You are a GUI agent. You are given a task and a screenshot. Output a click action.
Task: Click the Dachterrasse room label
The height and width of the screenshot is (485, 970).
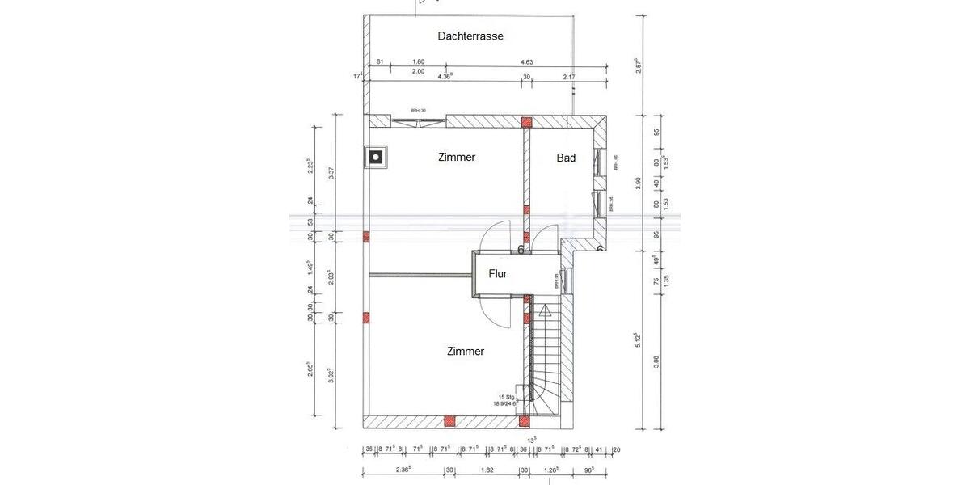470,36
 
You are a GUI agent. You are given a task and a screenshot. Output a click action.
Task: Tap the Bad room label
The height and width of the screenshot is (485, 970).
566,158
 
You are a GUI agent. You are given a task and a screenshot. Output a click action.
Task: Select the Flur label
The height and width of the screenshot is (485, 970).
498,274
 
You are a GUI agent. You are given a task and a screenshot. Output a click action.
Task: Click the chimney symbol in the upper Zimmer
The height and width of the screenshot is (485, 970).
377,157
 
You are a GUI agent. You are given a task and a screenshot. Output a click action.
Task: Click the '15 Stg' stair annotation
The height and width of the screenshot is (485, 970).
507,397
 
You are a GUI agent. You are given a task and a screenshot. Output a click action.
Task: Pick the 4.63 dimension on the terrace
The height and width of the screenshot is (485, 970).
527,61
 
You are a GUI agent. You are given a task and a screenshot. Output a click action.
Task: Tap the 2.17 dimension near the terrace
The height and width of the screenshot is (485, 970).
570,77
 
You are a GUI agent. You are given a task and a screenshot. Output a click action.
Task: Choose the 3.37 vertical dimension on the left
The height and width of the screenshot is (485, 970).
331,173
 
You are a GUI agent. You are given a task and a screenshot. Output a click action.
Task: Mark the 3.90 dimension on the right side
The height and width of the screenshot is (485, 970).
639,183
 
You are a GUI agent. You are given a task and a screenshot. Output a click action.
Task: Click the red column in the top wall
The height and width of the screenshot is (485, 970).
526,122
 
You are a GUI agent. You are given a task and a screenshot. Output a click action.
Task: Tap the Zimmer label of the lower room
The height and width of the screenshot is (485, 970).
465,352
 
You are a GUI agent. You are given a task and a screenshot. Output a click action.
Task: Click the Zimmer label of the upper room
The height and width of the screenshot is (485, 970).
457,158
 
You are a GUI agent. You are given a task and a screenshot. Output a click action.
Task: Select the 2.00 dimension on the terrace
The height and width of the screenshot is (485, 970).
418,72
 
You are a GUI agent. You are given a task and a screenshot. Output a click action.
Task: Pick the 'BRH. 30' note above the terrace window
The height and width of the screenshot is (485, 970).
418,111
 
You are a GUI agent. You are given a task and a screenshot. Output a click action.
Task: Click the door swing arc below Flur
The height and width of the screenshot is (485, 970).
497,311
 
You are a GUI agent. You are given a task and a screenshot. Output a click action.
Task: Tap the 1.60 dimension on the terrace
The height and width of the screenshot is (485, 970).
418,61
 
